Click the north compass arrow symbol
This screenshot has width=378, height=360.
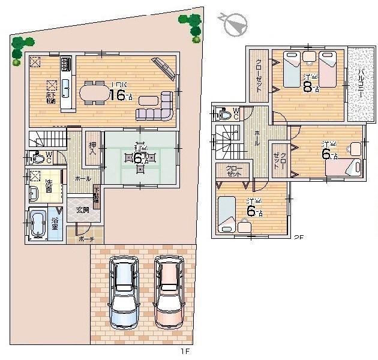(234, 24)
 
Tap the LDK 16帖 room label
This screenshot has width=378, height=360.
(120, 93)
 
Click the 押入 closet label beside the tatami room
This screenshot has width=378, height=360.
(93, 147)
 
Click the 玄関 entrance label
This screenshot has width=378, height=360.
(82, 210)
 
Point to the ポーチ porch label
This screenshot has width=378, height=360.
(85, 238)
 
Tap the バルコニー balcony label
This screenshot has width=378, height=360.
(362, 84)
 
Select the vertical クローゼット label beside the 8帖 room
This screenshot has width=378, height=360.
(259, 75)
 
